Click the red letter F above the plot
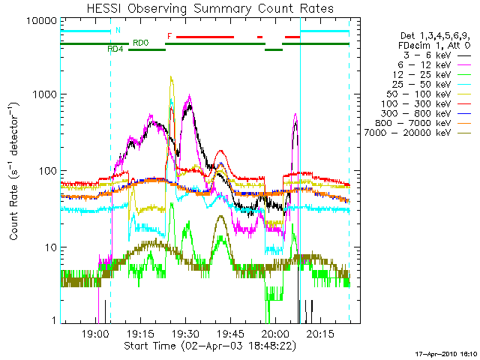[169, 35]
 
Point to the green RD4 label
[115, 49]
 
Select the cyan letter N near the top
[117, 31]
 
